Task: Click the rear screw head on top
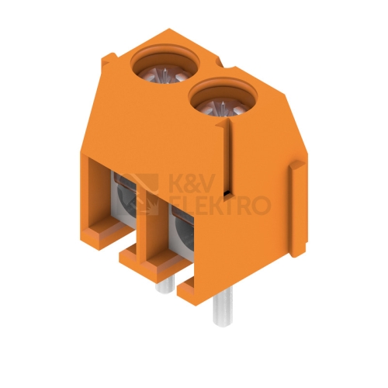click(x=165, y=74)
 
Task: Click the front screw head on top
click(x=223, y=107)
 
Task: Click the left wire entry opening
click(x=123, y=200)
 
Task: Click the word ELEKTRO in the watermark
click(x=220, y=206)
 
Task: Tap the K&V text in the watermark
click(x=192, y=183)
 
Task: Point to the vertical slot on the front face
click(x=227, y=158)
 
